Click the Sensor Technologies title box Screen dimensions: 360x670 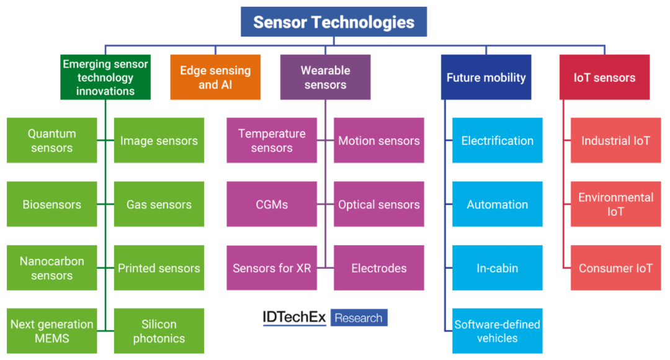coord(334,22)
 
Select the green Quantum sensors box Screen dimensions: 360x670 coord(52,140)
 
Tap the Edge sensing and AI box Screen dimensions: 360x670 coord(215,77)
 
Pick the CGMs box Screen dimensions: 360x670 coord(272,204)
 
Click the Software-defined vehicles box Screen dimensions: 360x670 coord(497,331)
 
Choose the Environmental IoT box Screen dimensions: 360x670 coord(615,204)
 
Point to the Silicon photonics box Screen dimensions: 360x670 coord(159,331)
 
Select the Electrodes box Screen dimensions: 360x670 coord(379,268)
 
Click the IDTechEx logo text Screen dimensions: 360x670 coord(294,318)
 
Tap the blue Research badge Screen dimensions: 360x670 coord(359,318)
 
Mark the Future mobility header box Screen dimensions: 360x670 coord(486,77)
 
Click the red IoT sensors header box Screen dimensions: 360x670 coord(604,77)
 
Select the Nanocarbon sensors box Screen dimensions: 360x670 coord(52,268)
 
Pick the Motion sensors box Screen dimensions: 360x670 coord(379,140)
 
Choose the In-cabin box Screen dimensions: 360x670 coord(497,268)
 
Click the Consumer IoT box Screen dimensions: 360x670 coord(615,268)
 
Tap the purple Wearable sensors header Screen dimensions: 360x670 coord(325,77)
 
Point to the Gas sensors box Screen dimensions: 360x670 coord(159,204)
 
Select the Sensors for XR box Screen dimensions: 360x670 coord(272,268)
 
